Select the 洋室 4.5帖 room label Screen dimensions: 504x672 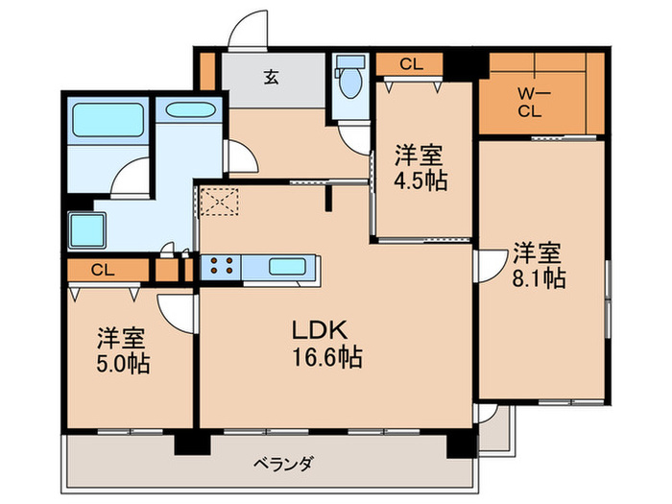click(x=420, y=167)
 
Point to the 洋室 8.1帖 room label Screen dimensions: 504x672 click(x=538, y=266)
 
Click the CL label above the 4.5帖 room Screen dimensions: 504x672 click(x=410, y=65)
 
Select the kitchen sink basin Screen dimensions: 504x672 click(x=286, y=268)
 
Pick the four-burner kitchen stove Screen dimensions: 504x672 click(x=220, y=268)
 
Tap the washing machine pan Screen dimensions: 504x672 click(x=93, y=230)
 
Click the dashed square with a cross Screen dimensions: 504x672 click(x=219, y=202)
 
